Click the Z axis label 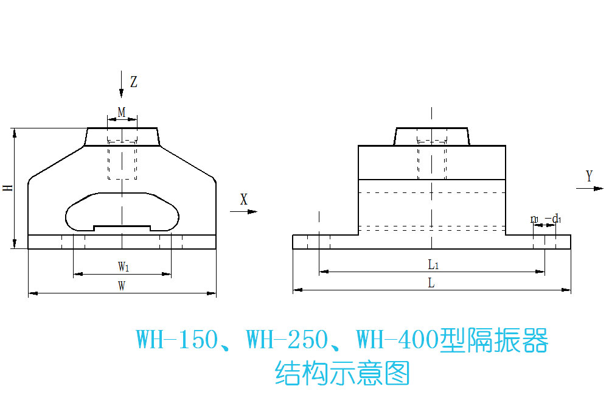click(134, 82)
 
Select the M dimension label click(122, 112)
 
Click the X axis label click(244, 199)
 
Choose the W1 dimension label click(122, 266)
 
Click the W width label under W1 click(122, 286)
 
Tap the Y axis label click(589, 177)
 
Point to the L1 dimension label click(433, 264)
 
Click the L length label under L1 click(431, 283)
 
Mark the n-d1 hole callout click(545, 219)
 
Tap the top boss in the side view click(432, 136)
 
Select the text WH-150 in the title click(176, 340)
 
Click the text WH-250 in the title click(287, 340)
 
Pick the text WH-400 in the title click(397, 340)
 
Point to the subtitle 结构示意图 click(343, 373)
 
